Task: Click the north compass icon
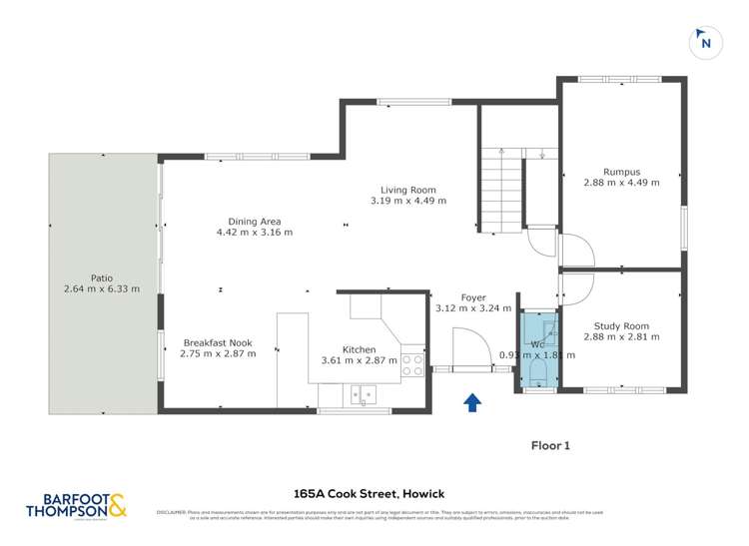point(706,42)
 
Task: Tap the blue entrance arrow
point(472,401)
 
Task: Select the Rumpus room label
point(621,171)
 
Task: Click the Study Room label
point(621,326)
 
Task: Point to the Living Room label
point(407,190)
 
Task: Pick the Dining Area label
point(255,222)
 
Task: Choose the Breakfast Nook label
point(218,342)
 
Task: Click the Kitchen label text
point(359,349)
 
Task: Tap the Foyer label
point(473,297)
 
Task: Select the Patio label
point(101,277)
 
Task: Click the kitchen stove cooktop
point(411,365)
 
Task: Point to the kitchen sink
point(361,394)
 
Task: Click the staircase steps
point(499,190)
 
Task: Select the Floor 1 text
point(549,446)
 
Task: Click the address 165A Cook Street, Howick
point(369,493)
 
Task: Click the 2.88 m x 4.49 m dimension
point(621,183)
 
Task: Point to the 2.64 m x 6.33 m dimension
point(101,289)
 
